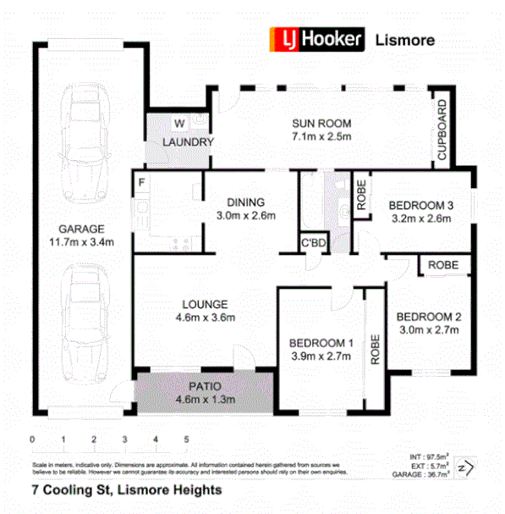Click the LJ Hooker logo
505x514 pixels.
316,38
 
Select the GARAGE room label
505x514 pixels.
81,229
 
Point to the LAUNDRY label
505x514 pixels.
188,142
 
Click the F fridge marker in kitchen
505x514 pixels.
141,180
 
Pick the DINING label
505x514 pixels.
246,202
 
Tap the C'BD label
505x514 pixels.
314,245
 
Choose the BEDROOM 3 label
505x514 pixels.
420,205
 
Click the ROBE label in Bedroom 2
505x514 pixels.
443,265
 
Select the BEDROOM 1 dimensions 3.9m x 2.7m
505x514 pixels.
321,356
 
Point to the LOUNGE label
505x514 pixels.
204,304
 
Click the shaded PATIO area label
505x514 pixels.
204,385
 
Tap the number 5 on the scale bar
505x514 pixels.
186,440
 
